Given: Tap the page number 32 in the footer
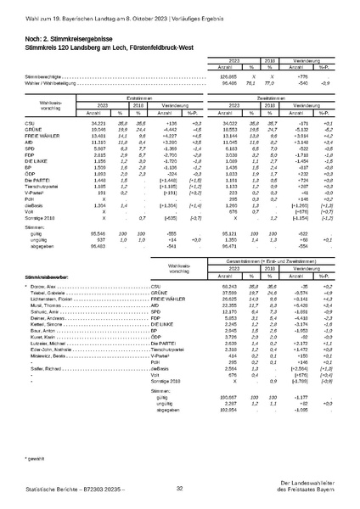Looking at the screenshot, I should (x=179, y=489).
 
